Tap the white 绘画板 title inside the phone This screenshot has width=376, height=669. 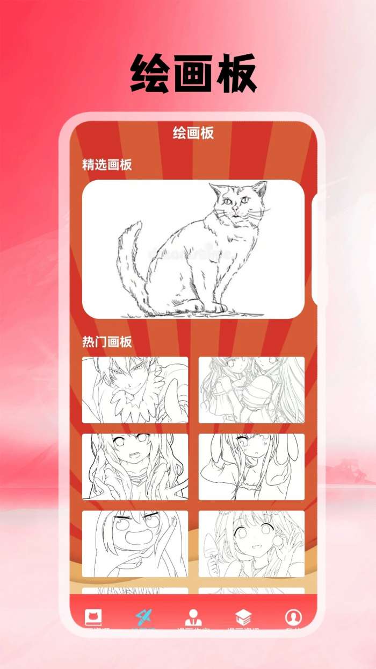[193, 133]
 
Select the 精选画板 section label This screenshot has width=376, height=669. [107, 165]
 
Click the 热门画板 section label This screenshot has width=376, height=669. [107, 341]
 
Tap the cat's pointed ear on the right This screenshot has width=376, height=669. [261, 188]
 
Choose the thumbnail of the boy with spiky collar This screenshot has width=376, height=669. [135, 390]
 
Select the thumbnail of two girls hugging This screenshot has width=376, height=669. [251, 390]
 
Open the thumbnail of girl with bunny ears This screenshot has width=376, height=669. [251, 467]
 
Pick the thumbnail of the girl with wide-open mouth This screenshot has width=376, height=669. [135, 544]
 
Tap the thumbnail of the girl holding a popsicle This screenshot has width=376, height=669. [251, 544]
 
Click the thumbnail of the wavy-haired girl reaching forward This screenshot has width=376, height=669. [135, 467]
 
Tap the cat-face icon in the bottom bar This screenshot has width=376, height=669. [93, 617]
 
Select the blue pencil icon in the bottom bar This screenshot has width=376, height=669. [143, 617]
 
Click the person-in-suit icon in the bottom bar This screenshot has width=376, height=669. [193, 617]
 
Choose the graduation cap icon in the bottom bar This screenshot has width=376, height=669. [243, 617]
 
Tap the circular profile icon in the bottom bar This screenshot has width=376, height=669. [293, 617]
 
